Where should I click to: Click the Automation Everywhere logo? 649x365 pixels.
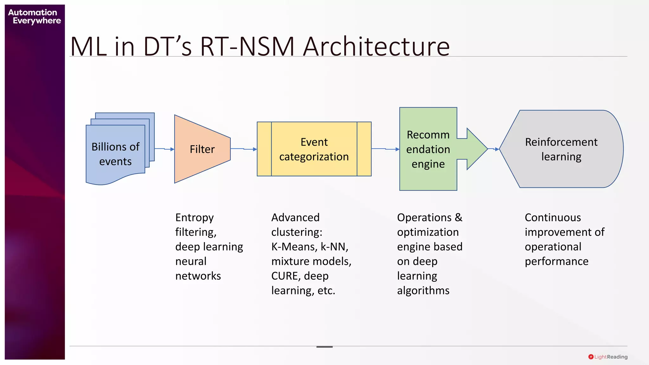click(x=34, y=16)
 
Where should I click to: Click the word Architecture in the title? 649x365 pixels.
click(x=376, y=47)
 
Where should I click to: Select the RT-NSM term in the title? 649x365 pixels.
click(x=247, y=47)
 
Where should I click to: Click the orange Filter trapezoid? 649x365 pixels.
click(x=202, y=149)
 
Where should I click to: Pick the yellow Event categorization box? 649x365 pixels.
click(x=314, y=149)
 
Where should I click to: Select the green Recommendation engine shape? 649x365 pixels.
click(x=428, y=149)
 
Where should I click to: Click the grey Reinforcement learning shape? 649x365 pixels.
click(x=561, y=149)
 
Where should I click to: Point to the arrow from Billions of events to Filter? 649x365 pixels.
click(x=164, y=149)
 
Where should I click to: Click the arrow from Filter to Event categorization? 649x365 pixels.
click(x=243, y=149)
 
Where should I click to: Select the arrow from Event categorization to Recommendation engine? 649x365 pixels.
click(x=385, y=149)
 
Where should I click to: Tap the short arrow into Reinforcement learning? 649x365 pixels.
click(x=494, y=149)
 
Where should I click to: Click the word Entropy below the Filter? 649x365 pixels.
click(x=194, y=218)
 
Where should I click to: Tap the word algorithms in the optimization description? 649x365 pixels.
click(x=423, y=291)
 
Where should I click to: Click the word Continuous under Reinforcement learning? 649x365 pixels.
click(x=553, y=218)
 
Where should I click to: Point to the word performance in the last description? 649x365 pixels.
click(x=556, y=261)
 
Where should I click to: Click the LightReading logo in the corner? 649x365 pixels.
click(x=608, y=357)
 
